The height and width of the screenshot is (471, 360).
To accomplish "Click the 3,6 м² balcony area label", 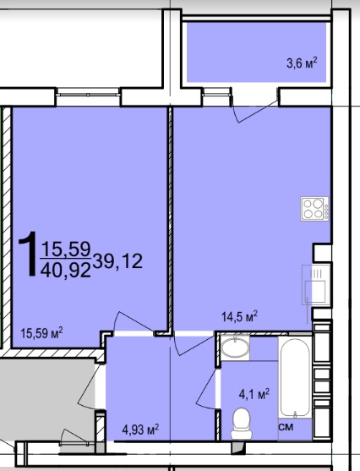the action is point(302,63).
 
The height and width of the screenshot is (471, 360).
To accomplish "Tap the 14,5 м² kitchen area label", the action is point(239,316).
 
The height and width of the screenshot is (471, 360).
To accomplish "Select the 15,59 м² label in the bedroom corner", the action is point(41,333).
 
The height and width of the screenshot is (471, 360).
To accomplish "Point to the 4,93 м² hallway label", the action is point(140,430).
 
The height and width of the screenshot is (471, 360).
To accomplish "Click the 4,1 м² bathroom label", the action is point(254,394).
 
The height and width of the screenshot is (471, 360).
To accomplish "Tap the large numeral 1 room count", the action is point(29,254).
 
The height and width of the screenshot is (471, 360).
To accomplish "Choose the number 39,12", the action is point(117,261).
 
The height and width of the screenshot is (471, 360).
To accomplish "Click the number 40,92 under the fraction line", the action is point(65,270).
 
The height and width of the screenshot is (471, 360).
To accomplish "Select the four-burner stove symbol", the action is point(314,209).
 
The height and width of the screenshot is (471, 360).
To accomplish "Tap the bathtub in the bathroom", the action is point(295,377).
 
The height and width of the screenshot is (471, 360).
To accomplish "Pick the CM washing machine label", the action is point(286,427).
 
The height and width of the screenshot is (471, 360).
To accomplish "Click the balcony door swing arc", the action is point(254,108).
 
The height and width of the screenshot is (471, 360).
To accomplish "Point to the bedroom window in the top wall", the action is point(88,95).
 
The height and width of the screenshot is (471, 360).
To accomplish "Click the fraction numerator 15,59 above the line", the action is point(66,249).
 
